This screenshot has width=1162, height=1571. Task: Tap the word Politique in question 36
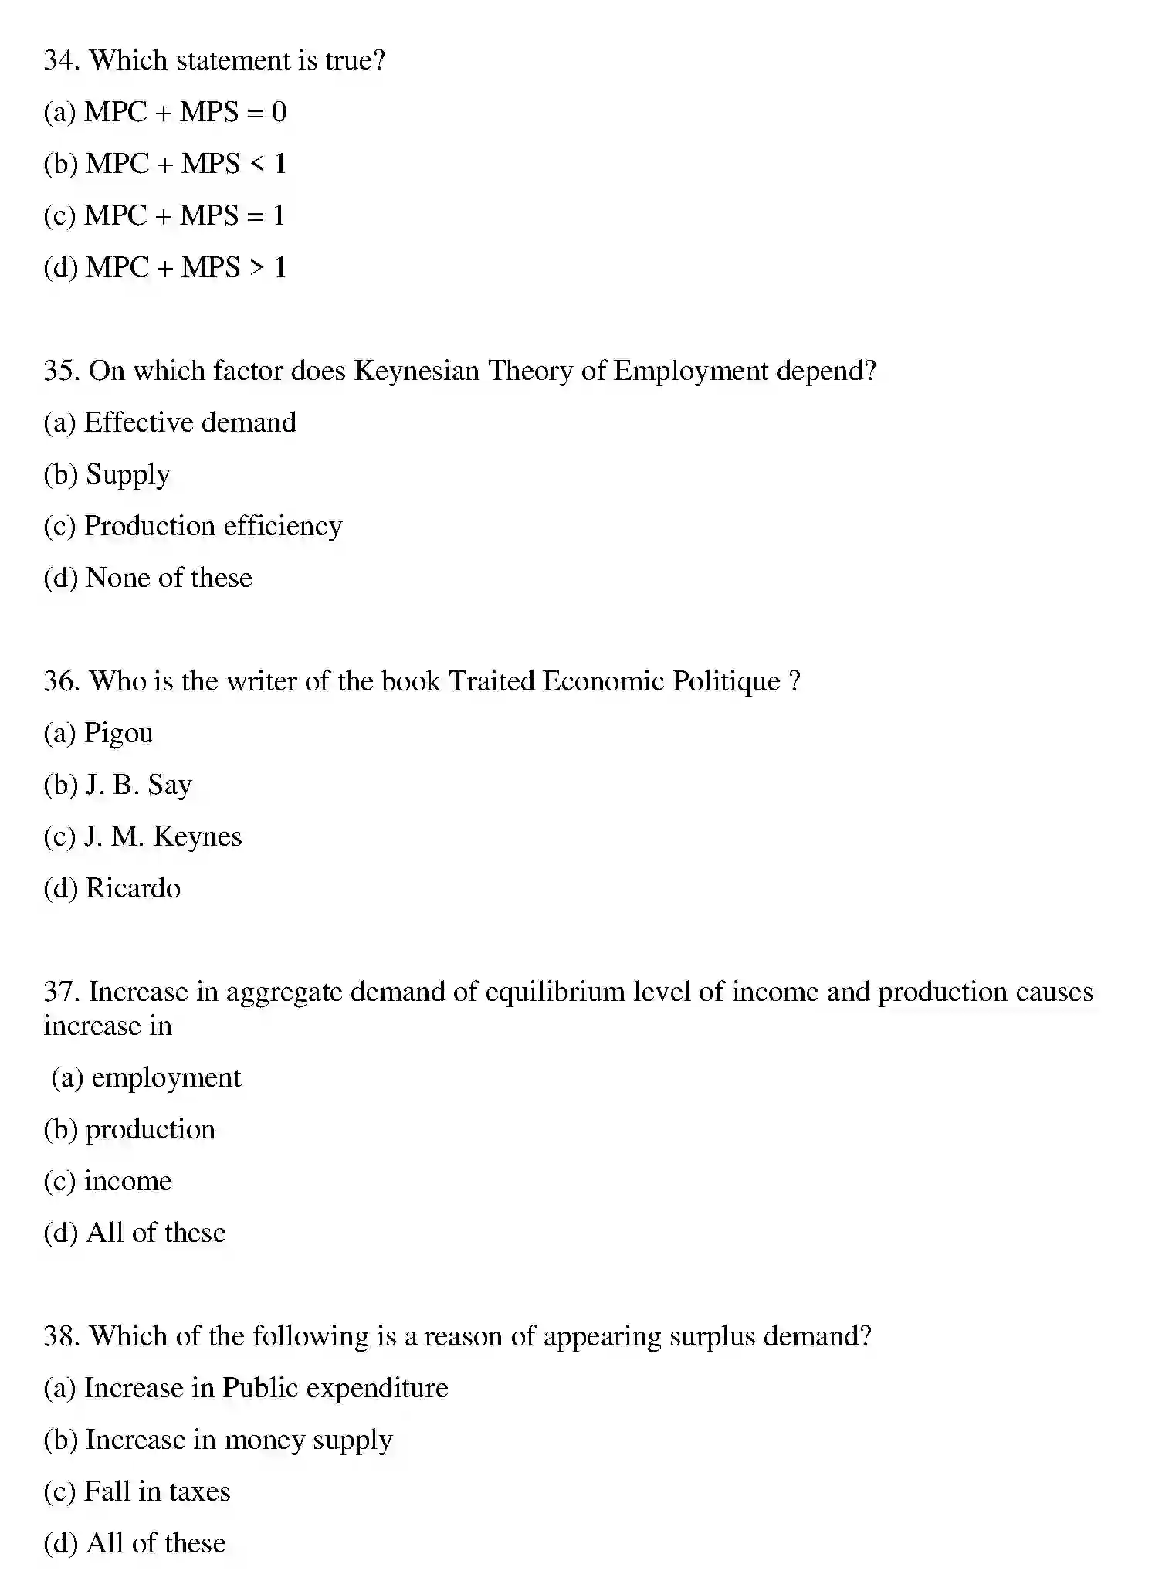coord(726,682)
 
